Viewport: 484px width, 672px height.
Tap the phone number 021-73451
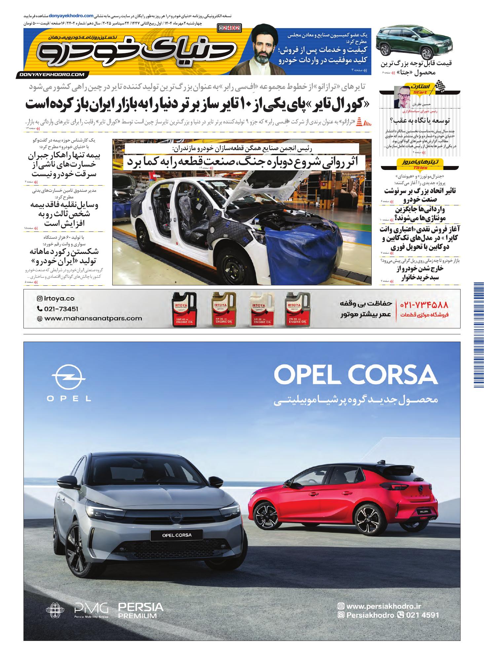coord(58,309)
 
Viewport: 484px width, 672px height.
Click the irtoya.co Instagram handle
coord(56,298)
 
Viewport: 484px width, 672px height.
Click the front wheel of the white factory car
coord(233,262)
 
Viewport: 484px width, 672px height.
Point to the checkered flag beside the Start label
coord(440,86)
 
